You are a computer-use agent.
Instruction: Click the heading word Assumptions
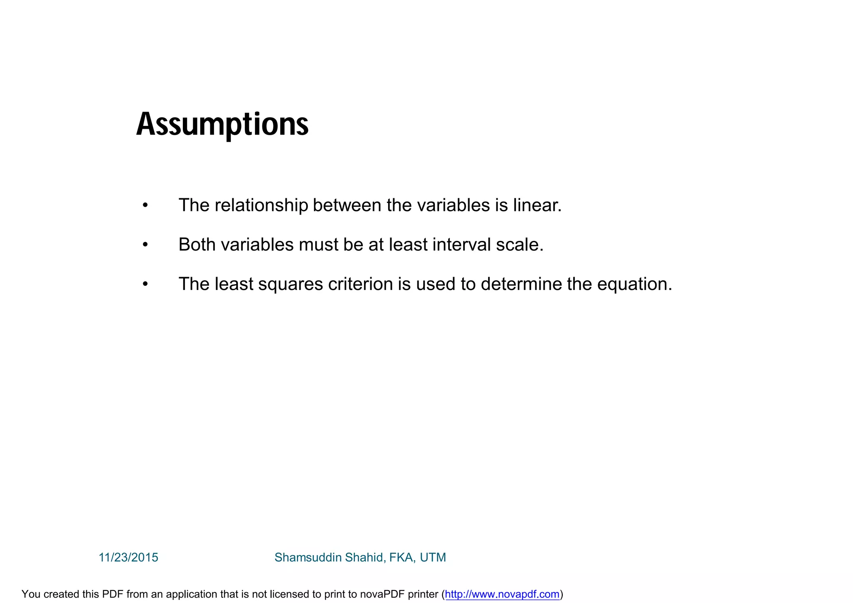point(222,125)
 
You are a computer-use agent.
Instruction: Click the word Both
point(197,245)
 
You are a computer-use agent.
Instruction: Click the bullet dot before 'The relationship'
point(145,205)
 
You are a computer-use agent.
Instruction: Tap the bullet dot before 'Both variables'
point(145,245)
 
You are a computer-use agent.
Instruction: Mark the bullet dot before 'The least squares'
point(145,285)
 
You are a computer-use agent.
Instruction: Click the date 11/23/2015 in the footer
point(128,558)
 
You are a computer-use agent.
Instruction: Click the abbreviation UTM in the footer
point(433,558)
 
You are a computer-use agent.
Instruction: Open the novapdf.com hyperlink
point(502,594)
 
